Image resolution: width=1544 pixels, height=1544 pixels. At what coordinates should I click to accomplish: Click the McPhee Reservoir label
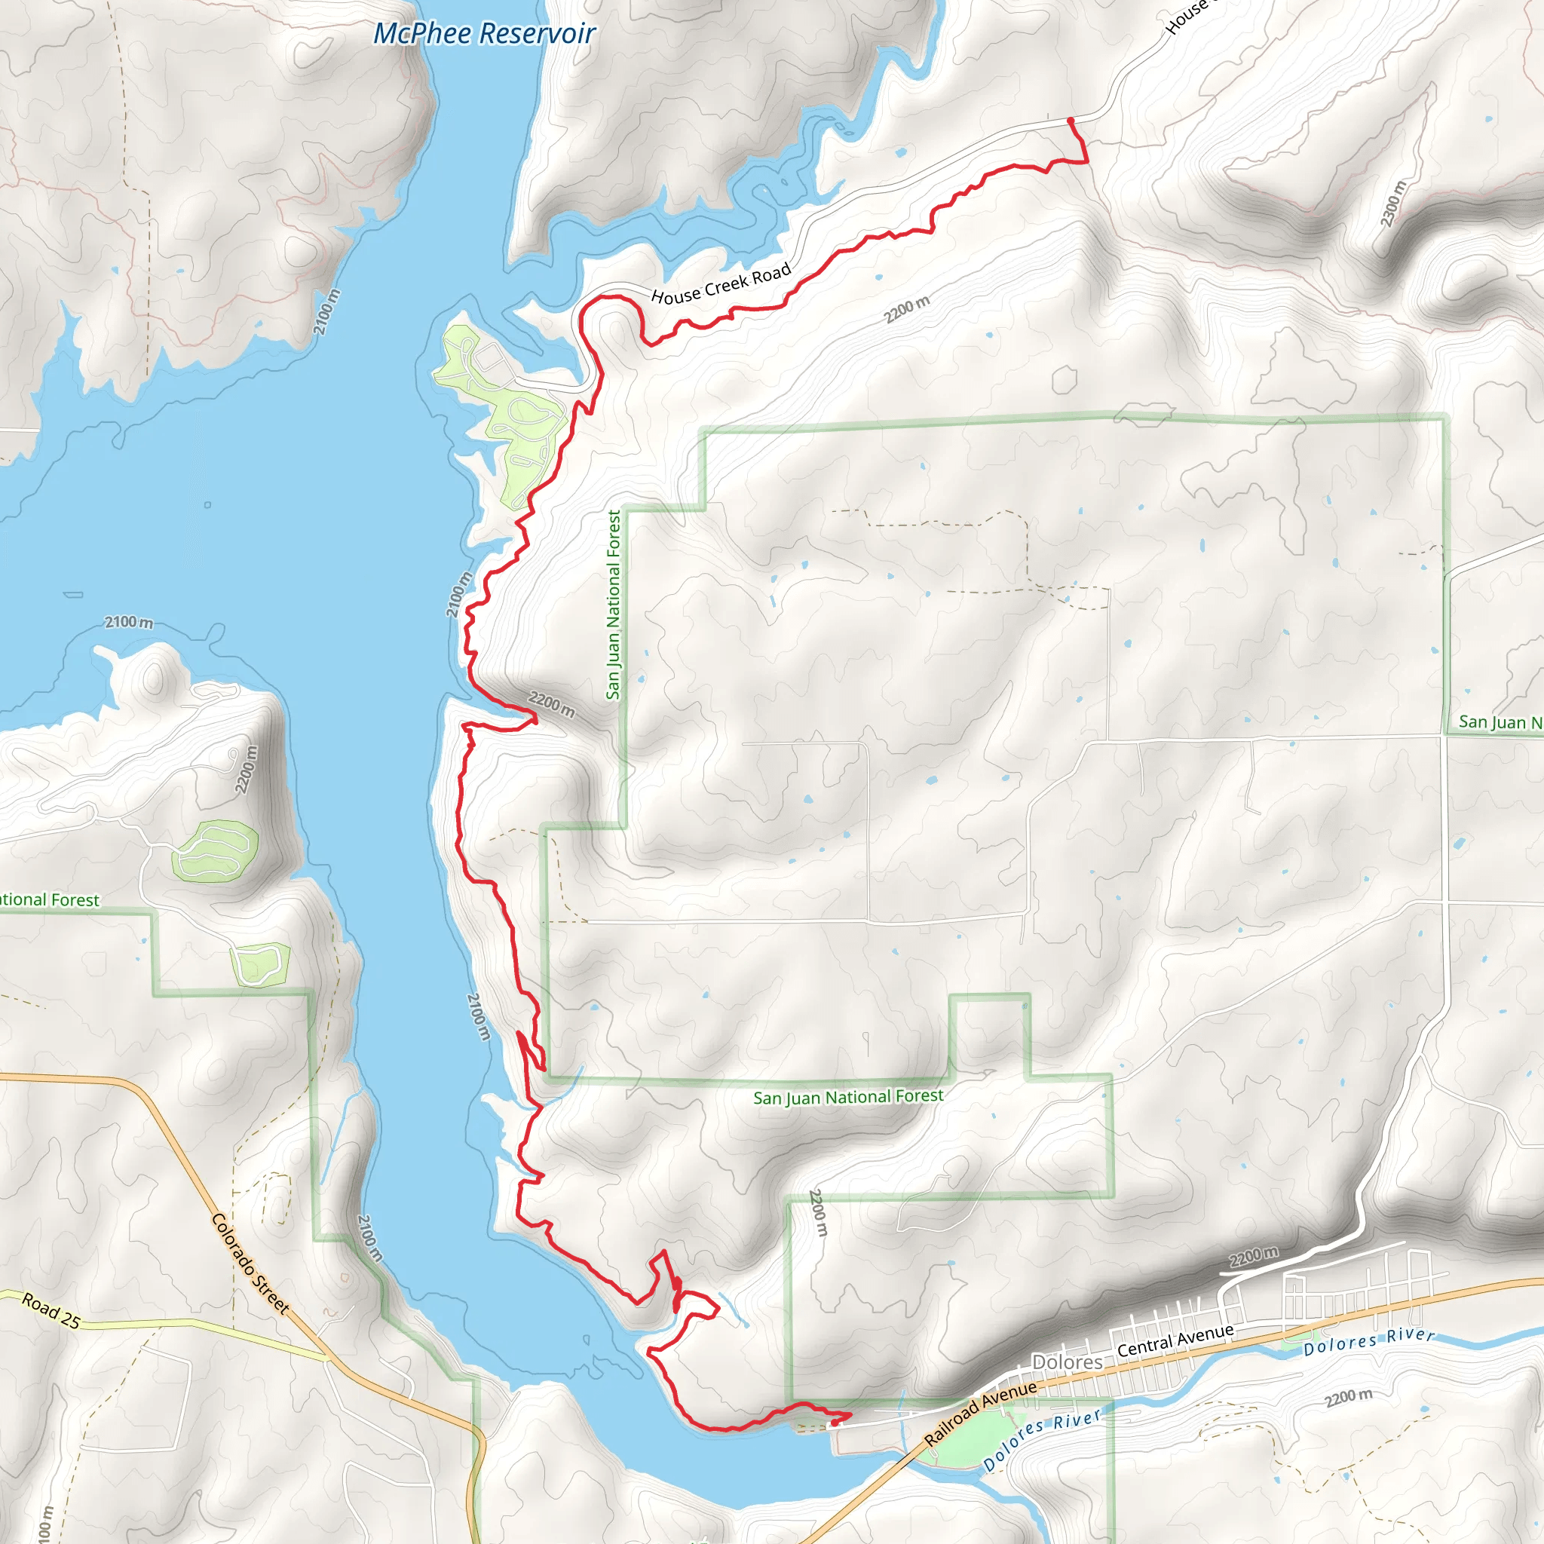(484, 34)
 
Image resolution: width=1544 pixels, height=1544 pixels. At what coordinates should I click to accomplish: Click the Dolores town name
(1067, 1362)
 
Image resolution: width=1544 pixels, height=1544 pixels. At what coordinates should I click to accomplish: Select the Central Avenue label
(1175, 1340)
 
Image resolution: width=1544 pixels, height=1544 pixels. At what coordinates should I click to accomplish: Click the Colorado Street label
(250, 1264)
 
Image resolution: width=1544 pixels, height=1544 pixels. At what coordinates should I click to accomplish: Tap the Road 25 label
(51, 1310)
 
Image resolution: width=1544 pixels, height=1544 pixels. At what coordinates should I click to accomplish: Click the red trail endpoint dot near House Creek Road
(1070, 121)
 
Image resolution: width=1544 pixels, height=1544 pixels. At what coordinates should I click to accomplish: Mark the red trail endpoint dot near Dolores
(835, 1423)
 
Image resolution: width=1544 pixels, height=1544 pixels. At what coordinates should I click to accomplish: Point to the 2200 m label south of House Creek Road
(906, 309)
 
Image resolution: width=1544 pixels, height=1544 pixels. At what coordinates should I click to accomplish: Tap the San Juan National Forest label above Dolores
(848, 1097)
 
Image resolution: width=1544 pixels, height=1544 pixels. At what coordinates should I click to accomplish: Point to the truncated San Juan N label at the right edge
(1500, 722)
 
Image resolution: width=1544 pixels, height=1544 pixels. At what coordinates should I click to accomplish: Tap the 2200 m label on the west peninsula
(247, 769)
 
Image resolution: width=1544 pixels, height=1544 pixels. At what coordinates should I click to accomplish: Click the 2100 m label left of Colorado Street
(369, 1238)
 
